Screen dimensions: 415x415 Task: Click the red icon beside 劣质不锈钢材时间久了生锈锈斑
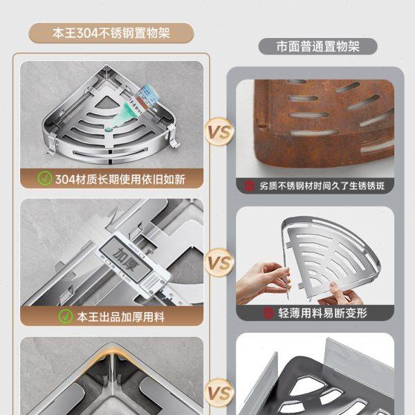(249, 185)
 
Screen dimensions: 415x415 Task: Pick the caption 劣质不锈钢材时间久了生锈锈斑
(323, 185)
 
